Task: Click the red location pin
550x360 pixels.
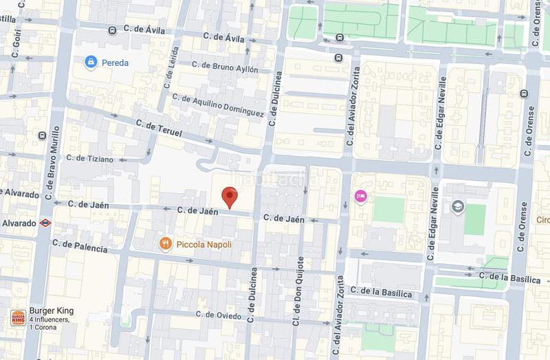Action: click(x=233, y=197)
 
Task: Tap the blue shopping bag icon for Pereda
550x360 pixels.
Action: click(x=90, y=63)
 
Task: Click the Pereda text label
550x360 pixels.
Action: click(x=115, y=63)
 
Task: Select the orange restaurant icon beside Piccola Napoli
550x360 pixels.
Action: click(x=165, y=244)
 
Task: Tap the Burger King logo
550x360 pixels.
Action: click(x=18, y=318)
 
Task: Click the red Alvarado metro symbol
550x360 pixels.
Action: click(x=44, y=223)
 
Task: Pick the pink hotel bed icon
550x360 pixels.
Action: click(x=359, y=196)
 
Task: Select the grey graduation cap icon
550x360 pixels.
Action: click(x=457, y=205)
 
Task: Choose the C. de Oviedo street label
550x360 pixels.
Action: click(x=219, y=315)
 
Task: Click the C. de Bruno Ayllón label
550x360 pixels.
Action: click(x=225, y=69)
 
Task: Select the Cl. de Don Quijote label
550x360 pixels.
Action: click(x=298, y=292)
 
